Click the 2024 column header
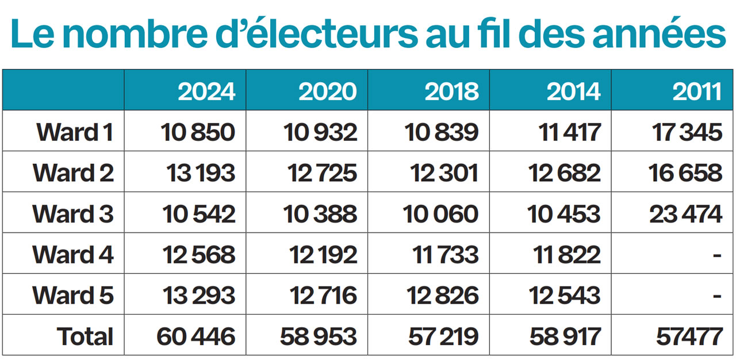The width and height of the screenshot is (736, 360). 206,91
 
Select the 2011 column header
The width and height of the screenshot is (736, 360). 697,91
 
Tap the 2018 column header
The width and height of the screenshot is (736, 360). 451,91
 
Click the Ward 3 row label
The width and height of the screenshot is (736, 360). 73,214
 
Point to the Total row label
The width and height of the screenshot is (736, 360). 85,336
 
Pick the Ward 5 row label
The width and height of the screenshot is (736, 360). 73,296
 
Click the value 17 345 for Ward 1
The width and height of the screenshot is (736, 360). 687,132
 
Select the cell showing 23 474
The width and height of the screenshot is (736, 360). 686,214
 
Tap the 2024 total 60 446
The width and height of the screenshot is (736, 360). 195,336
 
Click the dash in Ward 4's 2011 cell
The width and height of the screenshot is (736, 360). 716,255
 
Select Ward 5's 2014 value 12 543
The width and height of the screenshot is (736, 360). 564,296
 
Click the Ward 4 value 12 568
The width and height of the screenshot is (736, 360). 199,255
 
